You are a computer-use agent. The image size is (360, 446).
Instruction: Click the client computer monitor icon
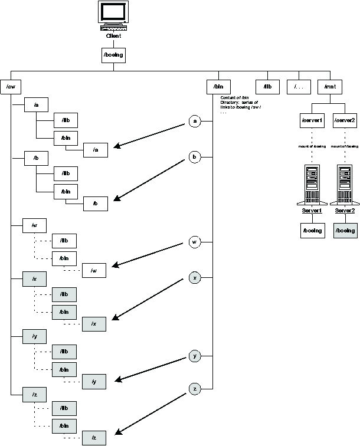[x=113, y=16]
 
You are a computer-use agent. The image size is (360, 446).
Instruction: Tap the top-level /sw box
[x=11, y=87]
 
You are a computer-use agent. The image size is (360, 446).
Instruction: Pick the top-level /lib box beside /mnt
[x=267, y=87]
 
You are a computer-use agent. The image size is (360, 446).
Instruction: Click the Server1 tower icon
[x=312, y=183]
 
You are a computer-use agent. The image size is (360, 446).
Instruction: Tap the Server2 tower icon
[x=345, y=183]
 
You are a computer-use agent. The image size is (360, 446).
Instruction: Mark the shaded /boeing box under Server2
[x=345, y=230]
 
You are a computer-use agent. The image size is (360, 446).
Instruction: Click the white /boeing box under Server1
[x=312, y=230]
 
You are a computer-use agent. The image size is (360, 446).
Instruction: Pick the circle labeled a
[x=195, y=121]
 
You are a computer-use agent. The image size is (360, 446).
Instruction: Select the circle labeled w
[x=195, y=242]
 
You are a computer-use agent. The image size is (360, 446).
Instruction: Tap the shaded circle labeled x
[x=195, y=277]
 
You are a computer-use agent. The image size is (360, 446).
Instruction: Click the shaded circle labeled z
[x=195, y=388]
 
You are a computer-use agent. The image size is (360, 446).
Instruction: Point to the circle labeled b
[x=195, y=157]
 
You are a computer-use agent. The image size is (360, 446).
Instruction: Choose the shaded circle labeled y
[x=195, y=356]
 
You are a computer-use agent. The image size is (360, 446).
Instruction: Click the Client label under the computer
[x=113, y=36]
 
